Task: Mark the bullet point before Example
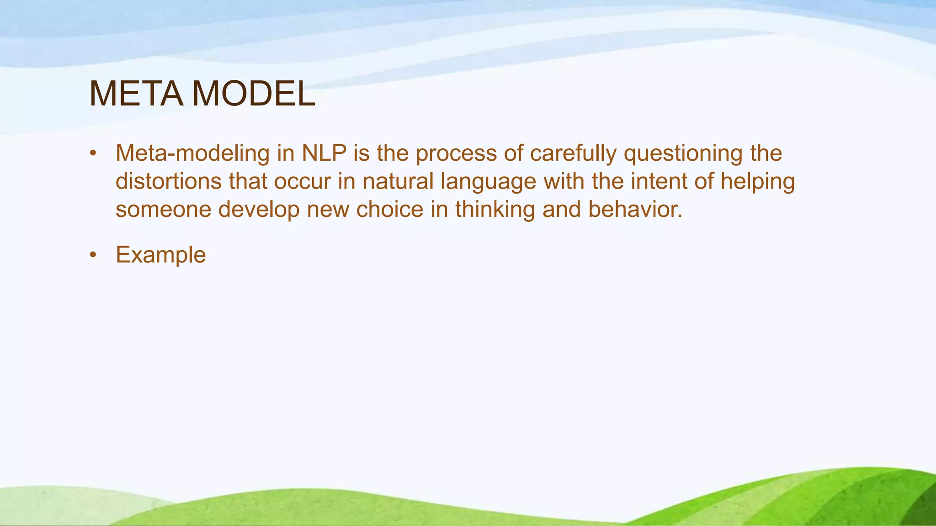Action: (x=93, y=255)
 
